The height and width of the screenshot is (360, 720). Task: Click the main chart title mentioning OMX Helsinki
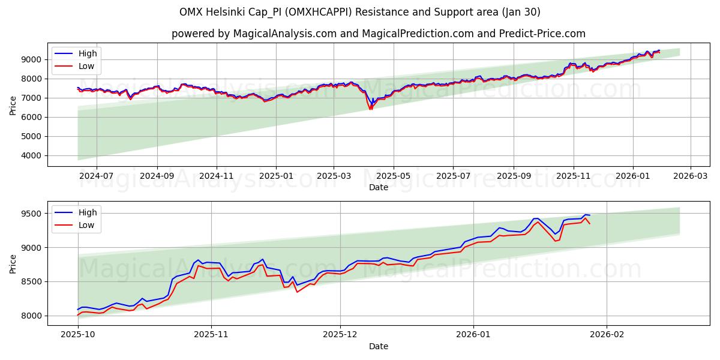pyautogui.click(x=360, y=12)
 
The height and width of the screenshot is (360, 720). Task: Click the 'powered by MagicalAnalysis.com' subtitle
pyautogui.click(x=378, y=34)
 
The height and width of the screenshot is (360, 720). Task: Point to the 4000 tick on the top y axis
pyautogui.click(x=32, y=155)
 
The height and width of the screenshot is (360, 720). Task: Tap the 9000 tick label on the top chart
pyautogui.click(x=32, y=59)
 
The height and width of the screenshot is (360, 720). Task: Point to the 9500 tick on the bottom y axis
pyautogui.click(x=32, y=214)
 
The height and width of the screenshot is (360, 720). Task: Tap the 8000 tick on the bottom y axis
pyautogui.click(x=32, y=316)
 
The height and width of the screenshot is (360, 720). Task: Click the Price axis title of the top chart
pyautogui.click(x=13, y=105)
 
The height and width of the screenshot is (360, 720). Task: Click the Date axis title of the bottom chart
pyautogui.click(x=378, y=346)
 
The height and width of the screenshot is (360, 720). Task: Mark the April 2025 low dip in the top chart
pyautogui.click(x=371, y=109)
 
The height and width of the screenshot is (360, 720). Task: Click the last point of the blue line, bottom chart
pyautogui.click(x=590, y=215)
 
